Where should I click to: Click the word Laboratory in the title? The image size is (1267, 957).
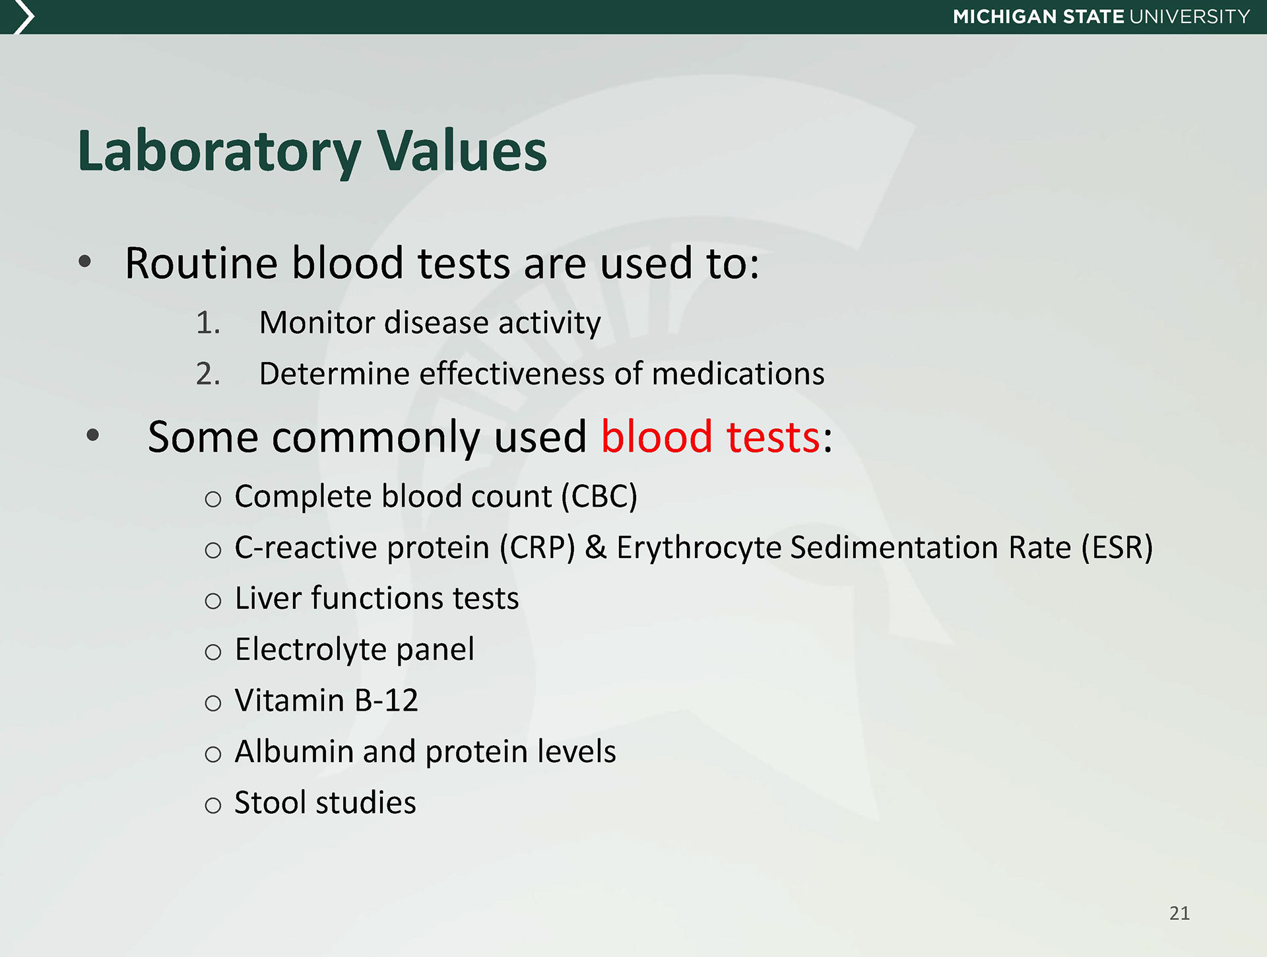219,152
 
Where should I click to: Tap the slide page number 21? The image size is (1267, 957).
1179,913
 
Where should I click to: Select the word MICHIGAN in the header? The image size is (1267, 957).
1004,17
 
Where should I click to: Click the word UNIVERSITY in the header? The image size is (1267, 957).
1190,17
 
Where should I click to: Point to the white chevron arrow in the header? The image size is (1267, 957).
24,17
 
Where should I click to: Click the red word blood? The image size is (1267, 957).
657,437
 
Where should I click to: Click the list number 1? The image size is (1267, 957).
207,323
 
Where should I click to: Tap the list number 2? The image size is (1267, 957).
207,374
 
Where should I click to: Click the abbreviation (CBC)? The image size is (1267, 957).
599,497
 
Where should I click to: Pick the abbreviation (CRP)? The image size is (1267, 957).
537,548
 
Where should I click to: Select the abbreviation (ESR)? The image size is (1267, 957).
1117,548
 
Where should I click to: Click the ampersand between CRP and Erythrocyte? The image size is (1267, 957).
596,548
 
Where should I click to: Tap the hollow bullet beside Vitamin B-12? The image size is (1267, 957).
212,703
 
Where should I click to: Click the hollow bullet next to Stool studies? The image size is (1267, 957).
212,805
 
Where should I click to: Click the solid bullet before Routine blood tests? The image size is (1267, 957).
84,262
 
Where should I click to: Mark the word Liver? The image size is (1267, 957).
267,598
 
